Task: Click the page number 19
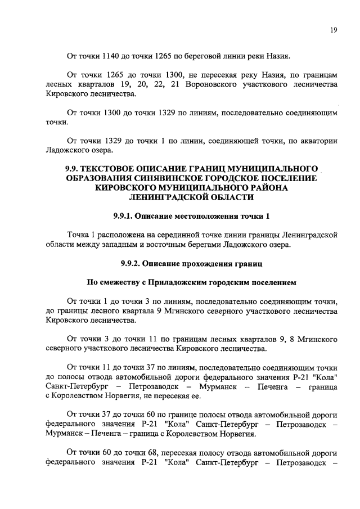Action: (x=333, y=31)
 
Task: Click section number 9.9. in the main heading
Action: (x=74, y=169)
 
